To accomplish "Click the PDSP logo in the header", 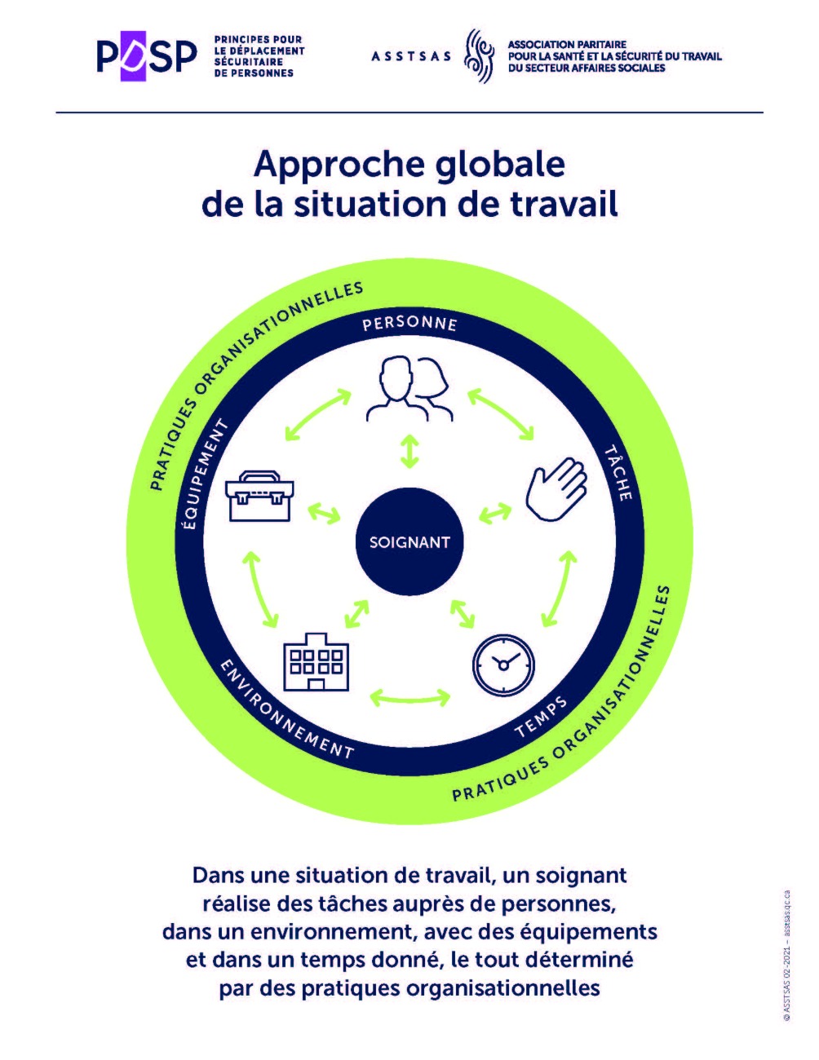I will coord(147,56).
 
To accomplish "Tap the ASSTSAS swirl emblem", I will coord(479,56).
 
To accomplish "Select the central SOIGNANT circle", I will coord(409,541).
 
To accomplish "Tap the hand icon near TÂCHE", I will coord(556,489).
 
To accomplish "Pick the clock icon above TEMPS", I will coord(503,665).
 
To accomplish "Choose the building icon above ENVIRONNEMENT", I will coord(316,661).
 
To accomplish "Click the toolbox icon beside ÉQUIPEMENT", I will coord(260,496).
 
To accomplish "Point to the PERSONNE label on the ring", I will coord(409,323).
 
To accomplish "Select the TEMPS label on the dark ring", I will coord(542,717).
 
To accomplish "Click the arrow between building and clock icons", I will coord(409,697).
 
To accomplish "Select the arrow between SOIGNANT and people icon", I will coord(409,451).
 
